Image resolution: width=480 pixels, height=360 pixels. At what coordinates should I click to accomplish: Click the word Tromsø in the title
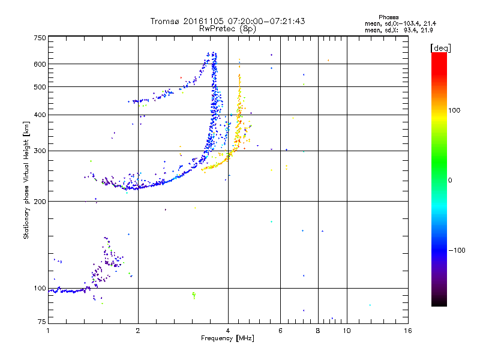point(164,21)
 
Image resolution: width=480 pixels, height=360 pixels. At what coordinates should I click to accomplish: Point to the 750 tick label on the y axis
point(40,38)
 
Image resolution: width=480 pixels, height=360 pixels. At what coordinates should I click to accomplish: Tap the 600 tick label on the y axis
point(40,64)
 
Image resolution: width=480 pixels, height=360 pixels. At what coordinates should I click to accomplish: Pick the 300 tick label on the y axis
point(40,151)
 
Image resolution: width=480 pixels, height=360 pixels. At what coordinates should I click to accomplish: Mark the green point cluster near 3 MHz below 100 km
point(193,294)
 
